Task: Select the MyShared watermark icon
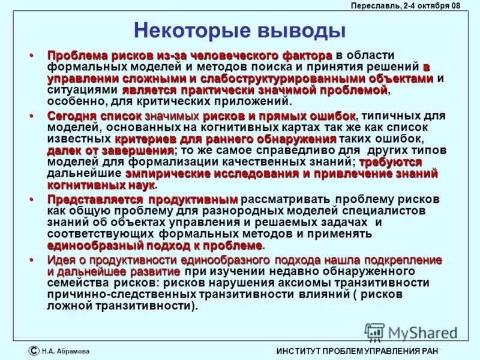374,332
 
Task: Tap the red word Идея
63,260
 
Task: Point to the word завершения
137,151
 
